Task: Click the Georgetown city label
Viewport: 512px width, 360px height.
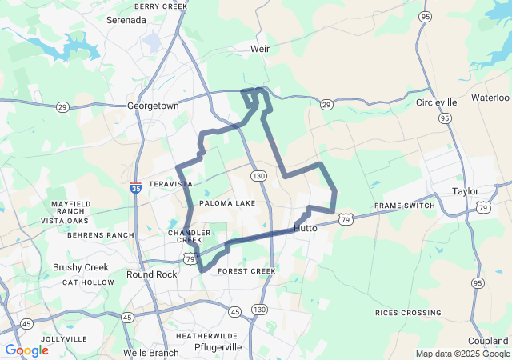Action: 153,106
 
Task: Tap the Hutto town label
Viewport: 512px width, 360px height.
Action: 306,228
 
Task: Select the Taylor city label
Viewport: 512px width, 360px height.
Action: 465,191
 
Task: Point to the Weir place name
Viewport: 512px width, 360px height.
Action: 260,49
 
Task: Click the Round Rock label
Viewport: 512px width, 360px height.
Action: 152,274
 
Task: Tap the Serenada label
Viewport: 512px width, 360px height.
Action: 126,19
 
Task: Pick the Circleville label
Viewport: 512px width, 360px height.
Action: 437,102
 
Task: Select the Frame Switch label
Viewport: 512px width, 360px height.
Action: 405,206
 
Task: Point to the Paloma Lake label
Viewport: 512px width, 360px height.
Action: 227,203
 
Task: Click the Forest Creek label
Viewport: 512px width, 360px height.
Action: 246,271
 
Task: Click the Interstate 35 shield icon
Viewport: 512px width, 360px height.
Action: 136,189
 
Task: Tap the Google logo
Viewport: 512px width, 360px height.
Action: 26,350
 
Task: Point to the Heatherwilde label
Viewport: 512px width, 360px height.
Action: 206,336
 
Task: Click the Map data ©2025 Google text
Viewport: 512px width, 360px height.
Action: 462,354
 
